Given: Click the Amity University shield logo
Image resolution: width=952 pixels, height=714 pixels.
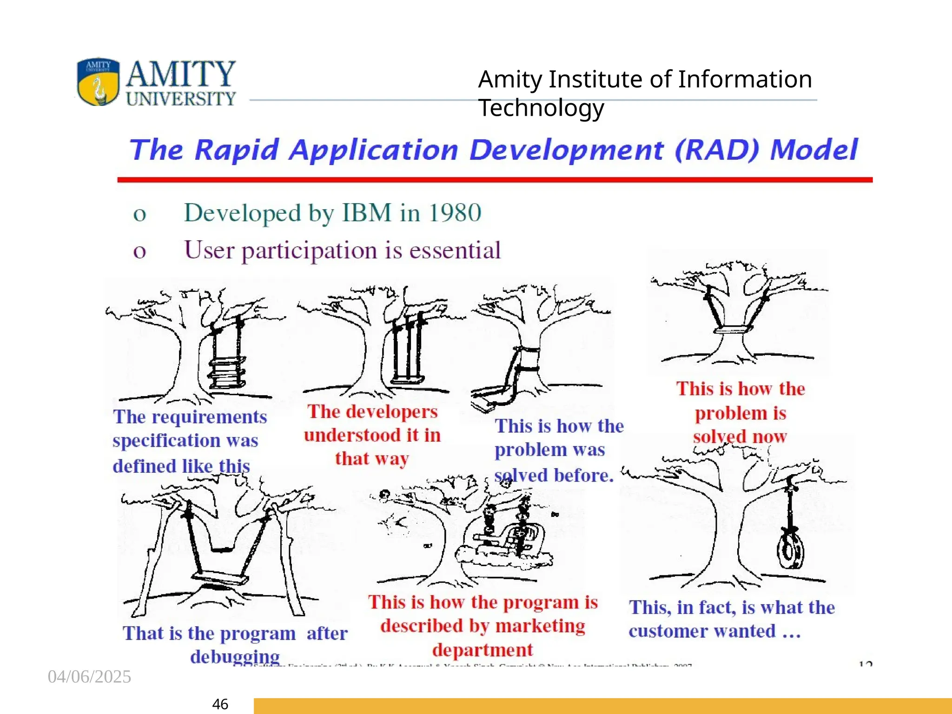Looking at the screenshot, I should [x=98, y=82].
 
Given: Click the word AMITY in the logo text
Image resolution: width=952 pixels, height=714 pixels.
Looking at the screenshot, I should [x=180, y=74].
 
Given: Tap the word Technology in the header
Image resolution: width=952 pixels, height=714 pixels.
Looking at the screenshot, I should [x=541, y=108].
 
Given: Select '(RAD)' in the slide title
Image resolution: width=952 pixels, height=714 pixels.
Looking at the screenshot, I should [x=716, y=150].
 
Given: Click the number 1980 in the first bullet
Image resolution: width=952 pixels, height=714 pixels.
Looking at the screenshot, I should [x=455, y=213].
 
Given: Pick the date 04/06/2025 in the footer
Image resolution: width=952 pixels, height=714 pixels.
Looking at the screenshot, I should [x=89, y=676].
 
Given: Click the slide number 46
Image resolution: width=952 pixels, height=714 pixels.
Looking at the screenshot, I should [x=220, y=704].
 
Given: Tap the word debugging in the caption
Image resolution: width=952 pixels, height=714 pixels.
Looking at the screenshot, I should [x=235, y=656].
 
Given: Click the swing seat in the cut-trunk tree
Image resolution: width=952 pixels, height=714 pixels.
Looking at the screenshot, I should [x=733, y=330].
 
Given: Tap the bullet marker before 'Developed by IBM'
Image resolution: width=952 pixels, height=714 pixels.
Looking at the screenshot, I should [x=139, y=215].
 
